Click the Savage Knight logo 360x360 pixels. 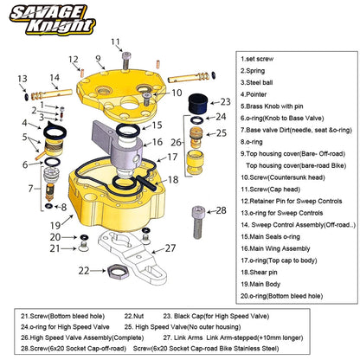tap(53, 20)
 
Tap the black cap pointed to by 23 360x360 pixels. tap(198, 104)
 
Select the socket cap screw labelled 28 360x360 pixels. tap(198, 222)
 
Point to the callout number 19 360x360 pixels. tap(55, 225)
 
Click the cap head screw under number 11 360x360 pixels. tap(126, 61)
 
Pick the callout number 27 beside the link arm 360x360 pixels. tap(170, 248)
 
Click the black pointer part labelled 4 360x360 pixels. tap(55, 131)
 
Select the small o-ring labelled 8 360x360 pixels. tap(49, 206)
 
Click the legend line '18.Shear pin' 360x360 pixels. tap(260, 273)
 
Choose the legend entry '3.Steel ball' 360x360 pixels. tap(257, 82)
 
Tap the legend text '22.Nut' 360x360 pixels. tap(134, 316)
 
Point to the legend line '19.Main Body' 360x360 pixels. tap(260, 284)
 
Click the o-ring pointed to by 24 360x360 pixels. tap(196, 120)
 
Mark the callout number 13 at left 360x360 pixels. tap(22, 79)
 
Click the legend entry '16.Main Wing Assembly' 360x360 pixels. tap(275, 248)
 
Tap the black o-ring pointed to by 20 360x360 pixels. tap(84, 237)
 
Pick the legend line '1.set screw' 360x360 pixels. tap(257, 59)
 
